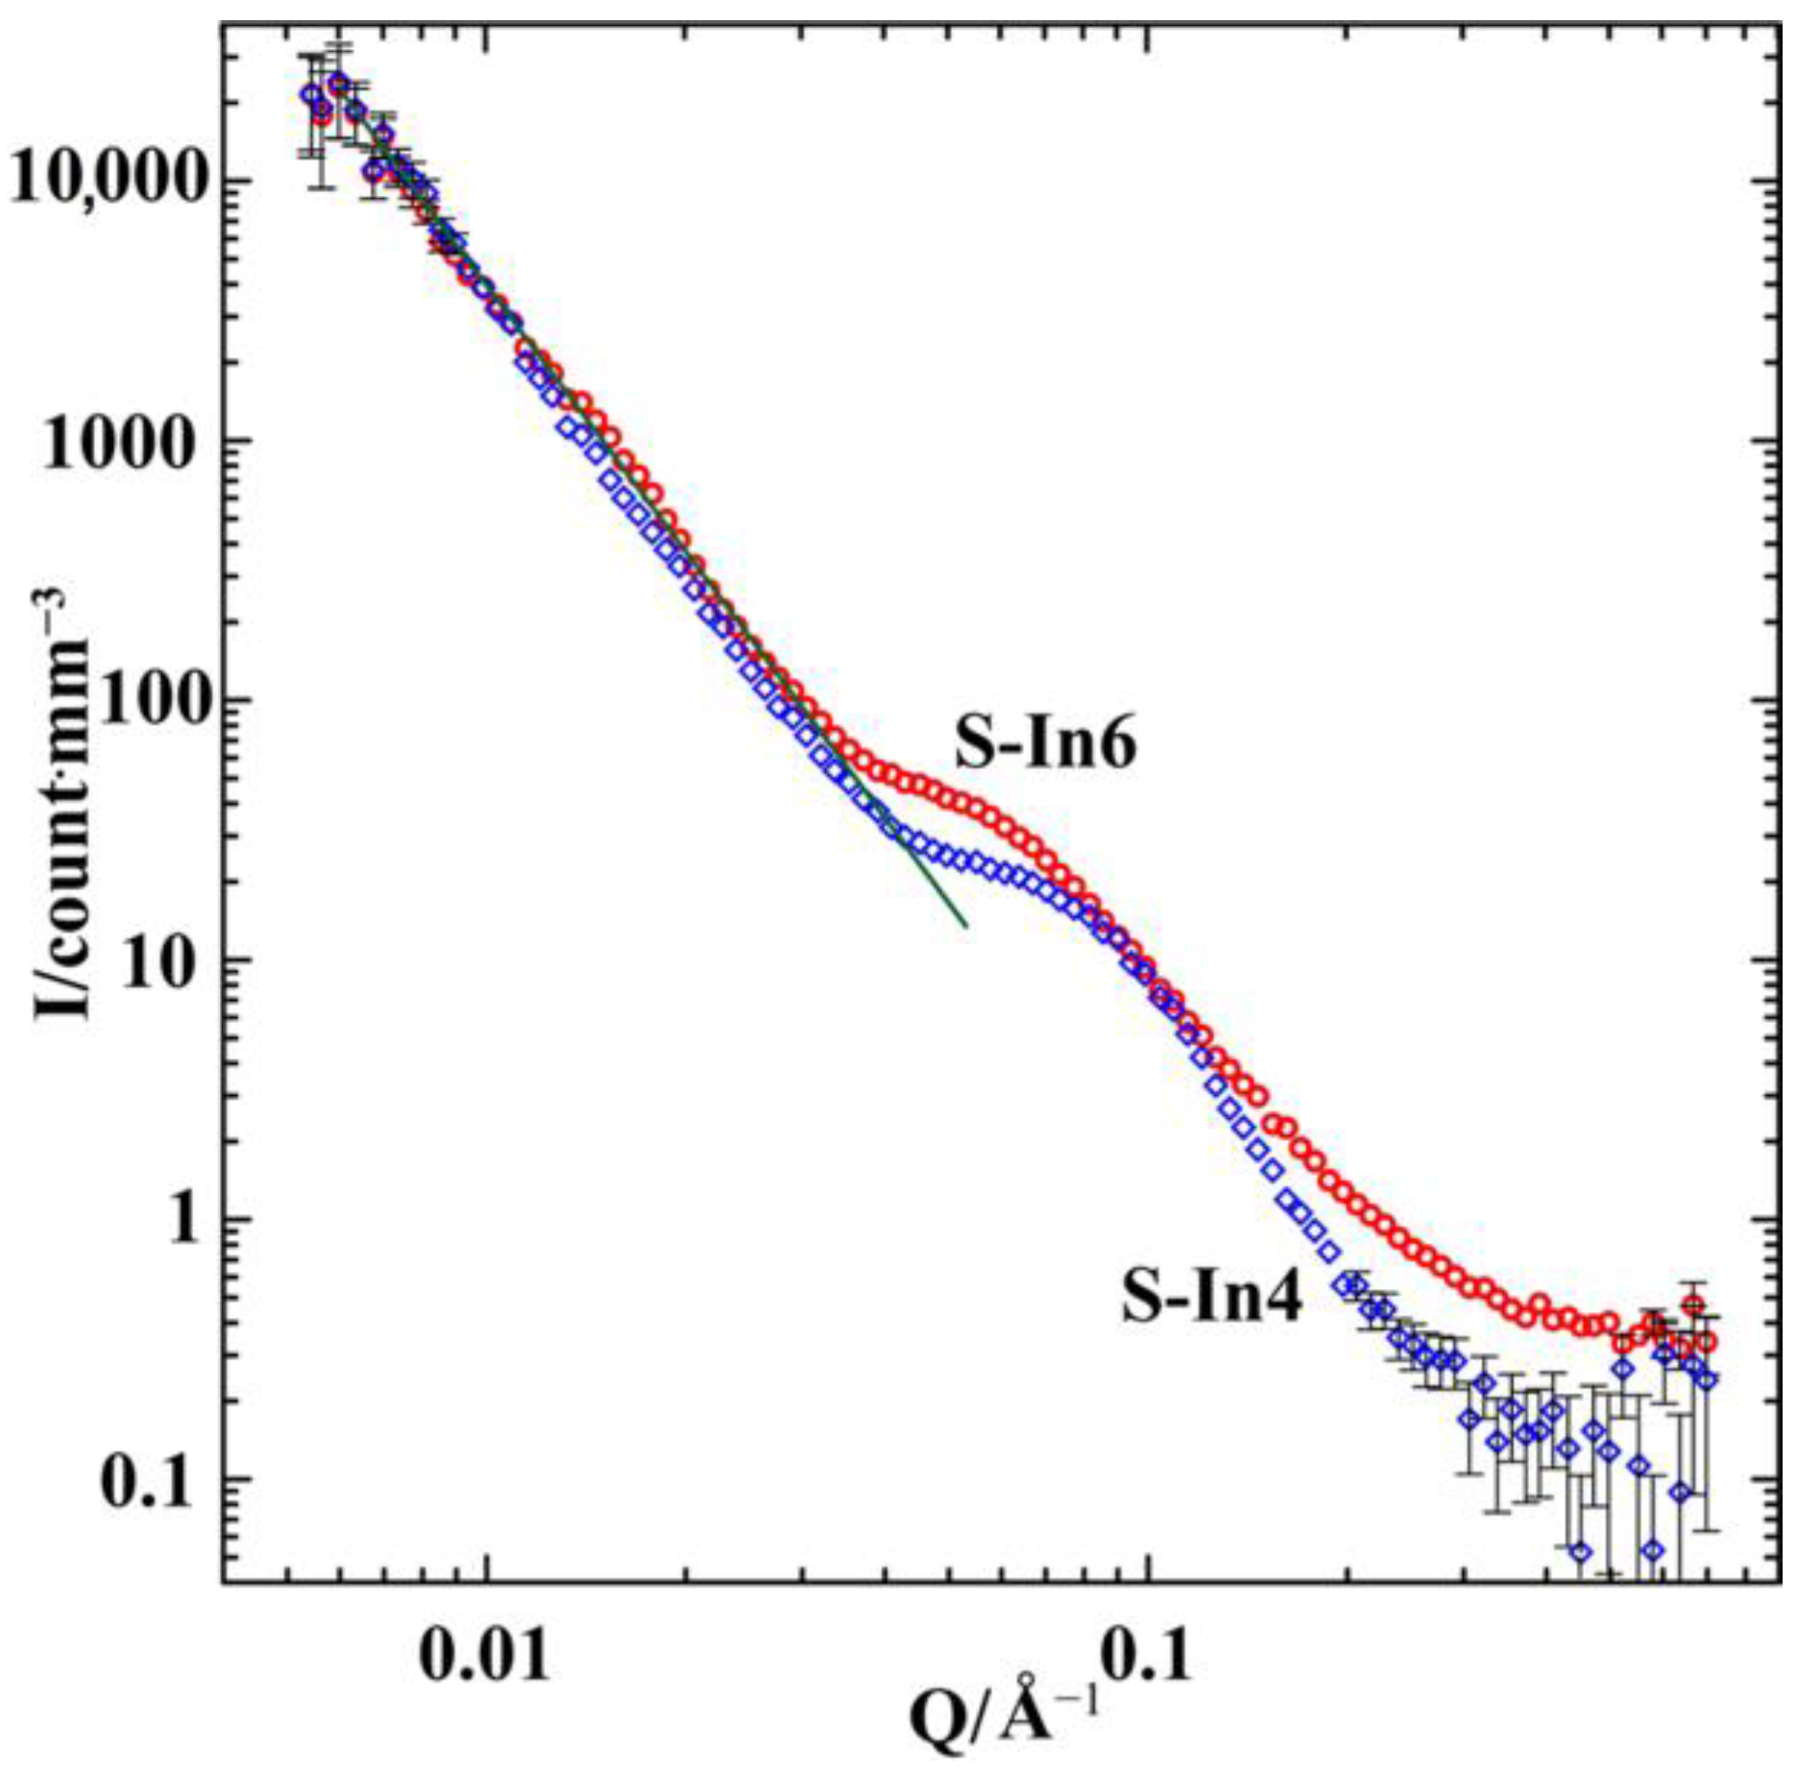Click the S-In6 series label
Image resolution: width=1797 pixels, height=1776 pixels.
click(x=1045, y=745)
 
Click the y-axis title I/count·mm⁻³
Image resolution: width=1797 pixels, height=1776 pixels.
click(x=64, y=807)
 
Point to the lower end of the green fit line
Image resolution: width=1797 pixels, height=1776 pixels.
click(x=965, y=926)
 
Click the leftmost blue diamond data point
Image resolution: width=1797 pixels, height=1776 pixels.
click(x=309, y=94)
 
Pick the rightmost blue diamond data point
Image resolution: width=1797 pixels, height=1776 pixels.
click(x=1707, y=1379)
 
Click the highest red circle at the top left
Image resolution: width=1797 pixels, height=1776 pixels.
click(x=338, y=83)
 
